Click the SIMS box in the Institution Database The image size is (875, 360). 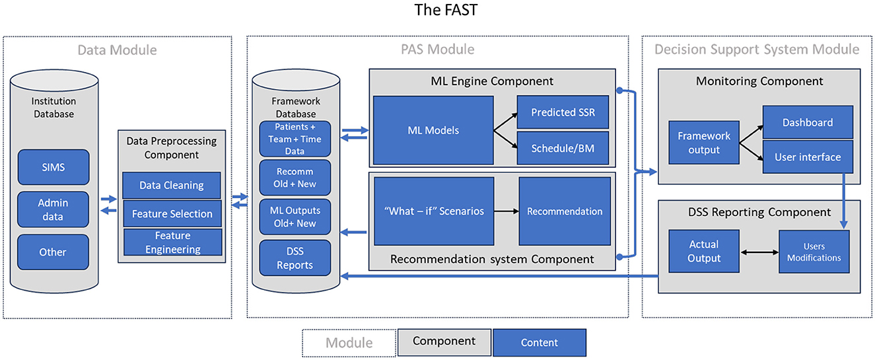[x=53, y=167]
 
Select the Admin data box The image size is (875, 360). [x=53, y=209]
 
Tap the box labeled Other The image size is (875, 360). [x=53, y=252]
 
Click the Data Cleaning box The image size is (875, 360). [x=172, y=185]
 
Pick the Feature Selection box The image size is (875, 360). [x=172, y=214]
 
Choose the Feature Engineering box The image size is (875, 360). [x=172, y=242]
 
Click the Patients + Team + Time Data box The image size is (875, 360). [x=295, y=139]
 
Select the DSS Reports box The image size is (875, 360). [x=295, y=258]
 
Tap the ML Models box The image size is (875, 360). [x=433, y=130]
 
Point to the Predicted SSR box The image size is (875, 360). [x=563, y=112]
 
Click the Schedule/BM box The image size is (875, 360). [x=563, y=148]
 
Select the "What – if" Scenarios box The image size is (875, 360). [x=434, y=211]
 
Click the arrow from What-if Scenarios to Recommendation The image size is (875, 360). [x=507, y=211]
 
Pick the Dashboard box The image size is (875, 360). [x=808, y=122]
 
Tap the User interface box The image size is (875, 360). [x=808, y=157]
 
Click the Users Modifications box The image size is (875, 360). [x=814, y=252]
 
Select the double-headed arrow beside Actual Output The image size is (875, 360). [x=759, y=252]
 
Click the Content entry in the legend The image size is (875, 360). [x=540, y=342]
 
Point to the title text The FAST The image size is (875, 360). [x=446, y=10]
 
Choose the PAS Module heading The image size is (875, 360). [x=437, y=50]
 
